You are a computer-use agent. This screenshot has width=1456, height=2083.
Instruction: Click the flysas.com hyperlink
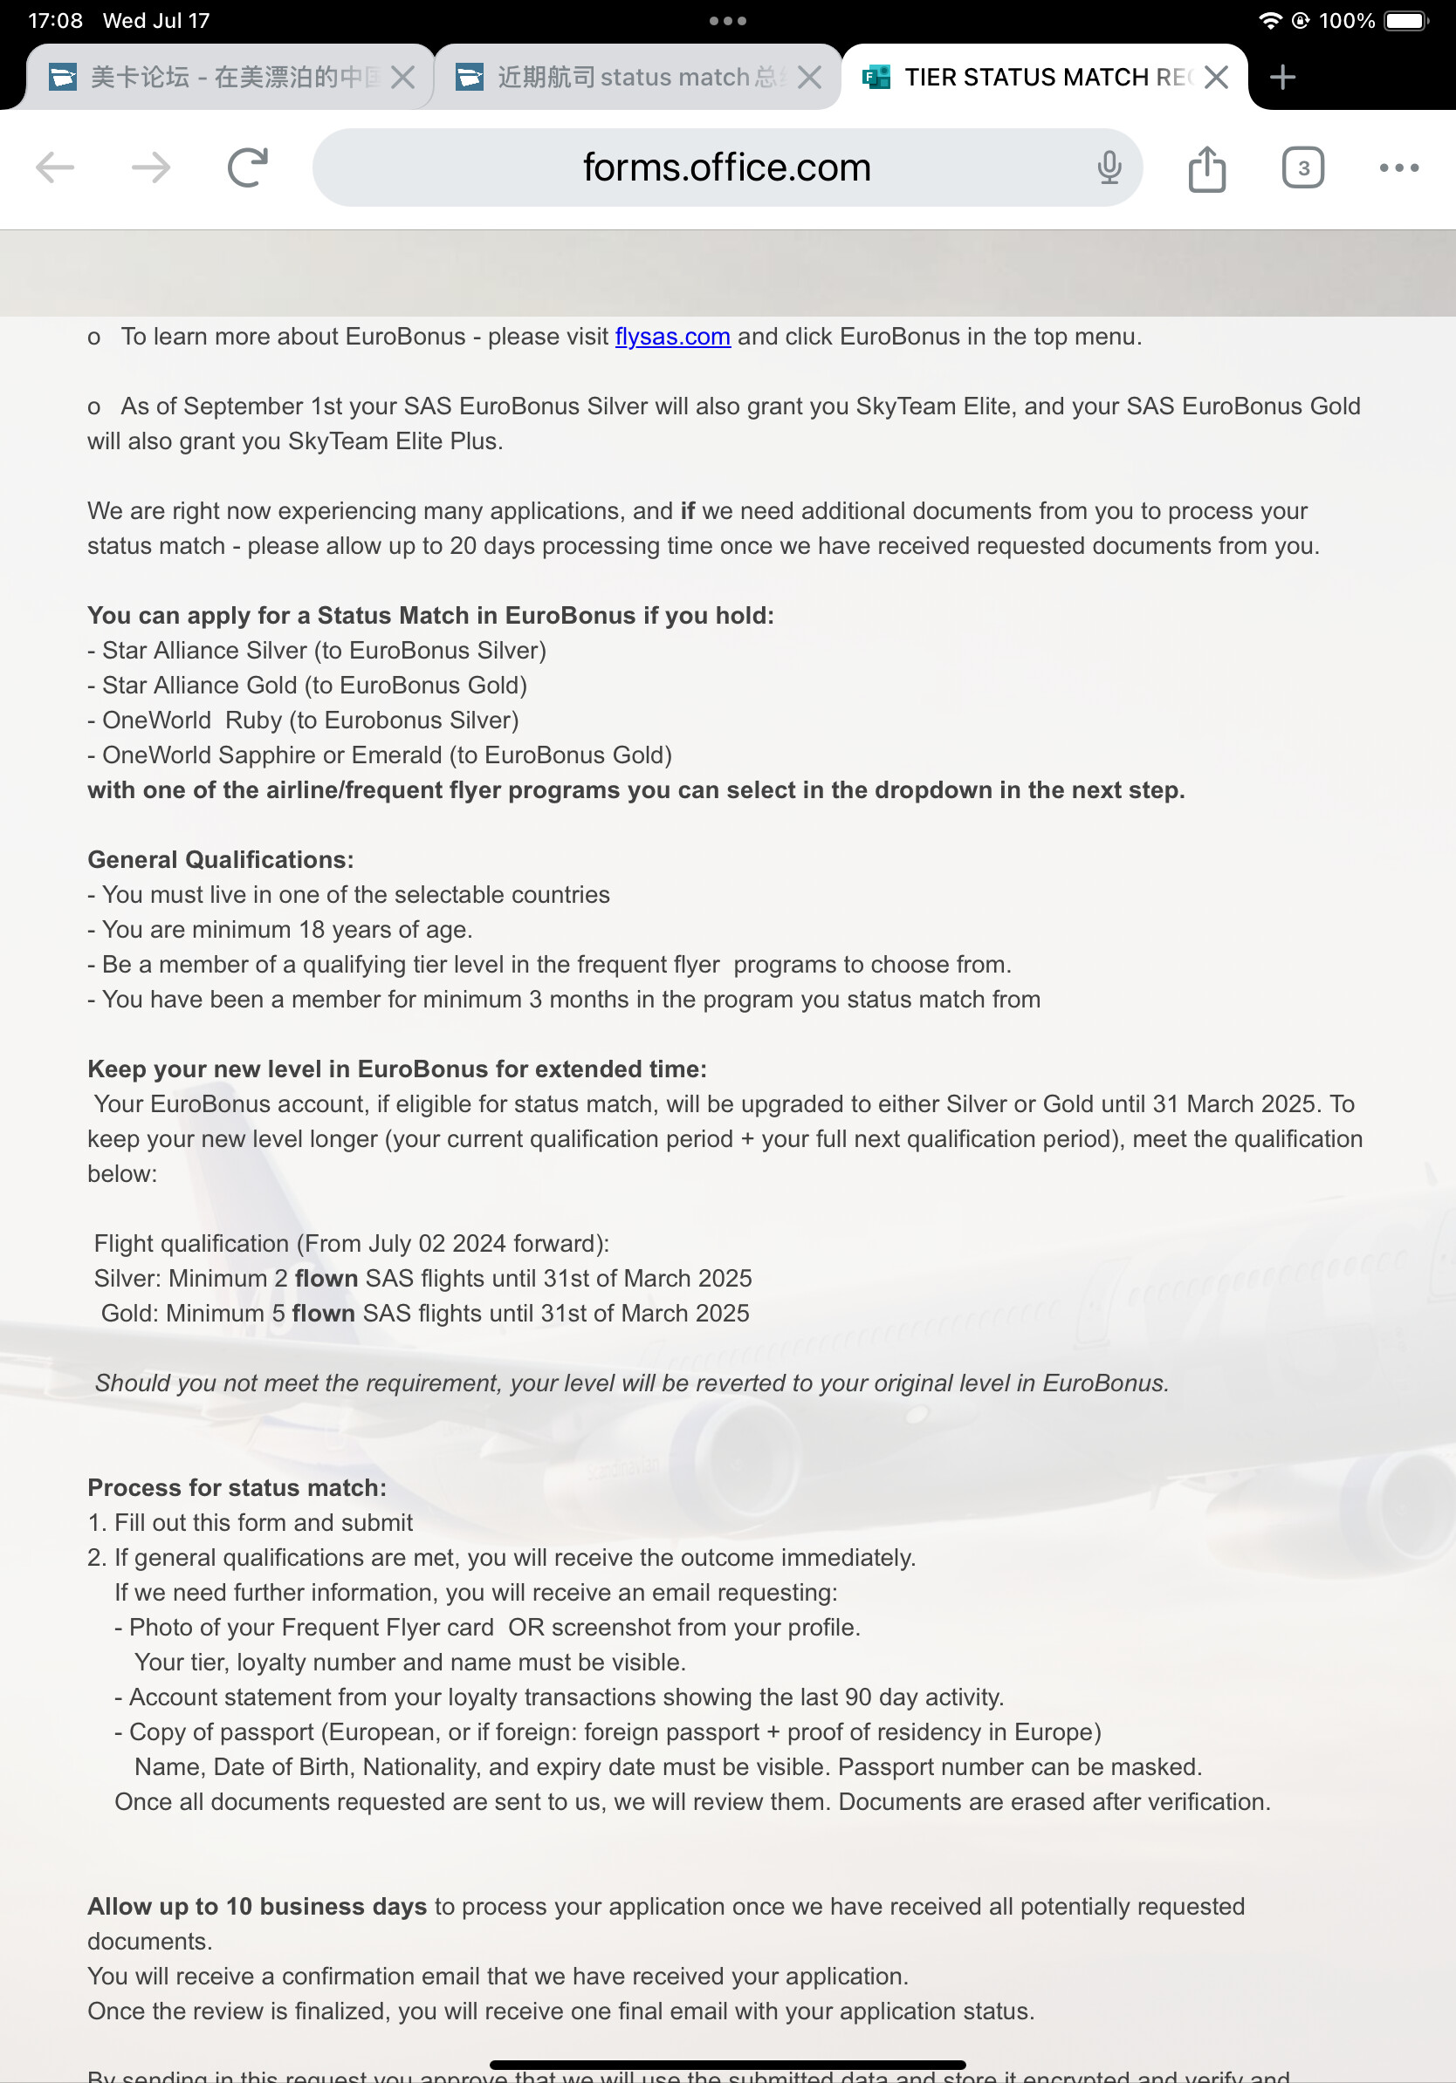coord(672,337)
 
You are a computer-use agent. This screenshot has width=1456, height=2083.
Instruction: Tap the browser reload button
coord(247,167)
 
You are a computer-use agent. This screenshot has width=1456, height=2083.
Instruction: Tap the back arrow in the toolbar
coord(54,167)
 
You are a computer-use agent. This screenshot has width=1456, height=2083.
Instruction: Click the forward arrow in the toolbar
coord(151,167)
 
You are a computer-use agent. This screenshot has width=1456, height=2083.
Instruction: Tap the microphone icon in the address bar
coord(1109,167)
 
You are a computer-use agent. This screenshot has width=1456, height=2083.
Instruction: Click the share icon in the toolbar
coord(1206,168)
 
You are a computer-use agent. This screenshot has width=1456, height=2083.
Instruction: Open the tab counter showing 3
coord(1302,167)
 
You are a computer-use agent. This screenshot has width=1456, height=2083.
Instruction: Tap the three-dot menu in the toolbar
coord(1398,167)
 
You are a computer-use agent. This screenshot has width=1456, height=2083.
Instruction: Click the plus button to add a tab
coord(1281,77)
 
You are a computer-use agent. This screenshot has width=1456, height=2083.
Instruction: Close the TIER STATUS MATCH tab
coord(1215,77)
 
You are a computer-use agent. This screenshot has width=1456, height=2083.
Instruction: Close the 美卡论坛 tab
coord(402,77)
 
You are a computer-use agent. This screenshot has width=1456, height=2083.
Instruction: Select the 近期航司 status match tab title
coord(635,77)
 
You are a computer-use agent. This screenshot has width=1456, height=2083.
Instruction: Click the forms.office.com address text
coord(726,167)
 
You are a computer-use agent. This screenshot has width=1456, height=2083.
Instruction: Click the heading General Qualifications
coord(221,859)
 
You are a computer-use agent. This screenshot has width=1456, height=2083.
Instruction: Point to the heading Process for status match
coord(237,1487)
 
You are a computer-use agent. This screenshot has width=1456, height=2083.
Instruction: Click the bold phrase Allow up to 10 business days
coord(257,1906)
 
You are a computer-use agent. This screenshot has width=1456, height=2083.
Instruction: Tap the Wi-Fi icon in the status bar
coord(1270,21)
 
